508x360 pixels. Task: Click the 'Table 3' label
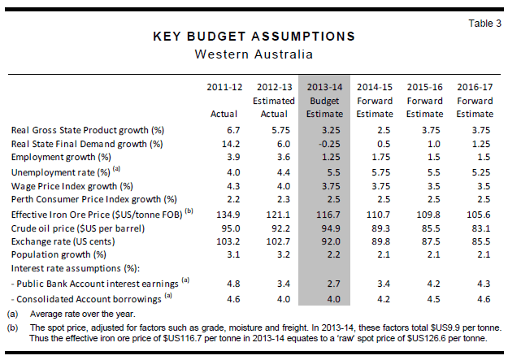[x=485, y=23]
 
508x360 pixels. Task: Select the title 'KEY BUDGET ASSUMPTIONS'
[x=254, y=37]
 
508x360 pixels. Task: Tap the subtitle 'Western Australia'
[x=254, y=54]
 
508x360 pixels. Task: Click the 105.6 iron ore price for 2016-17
[x=475, y=213]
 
